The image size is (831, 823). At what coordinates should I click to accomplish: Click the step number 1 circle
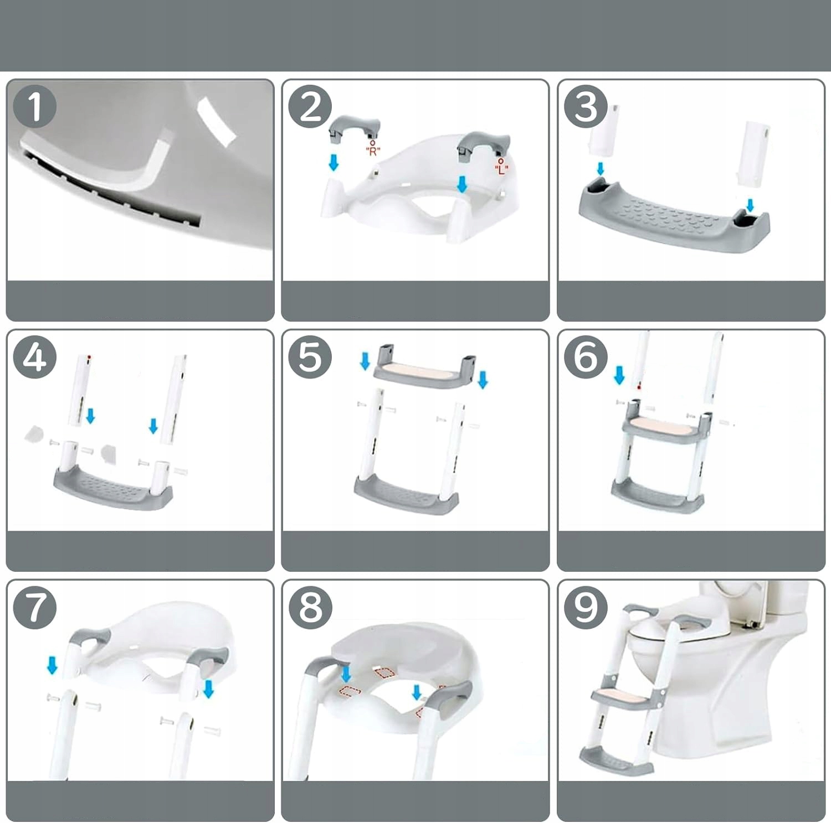[x=35, y=106]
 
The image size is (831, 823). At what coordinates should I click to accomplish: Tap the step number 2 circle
[x=310, y=107]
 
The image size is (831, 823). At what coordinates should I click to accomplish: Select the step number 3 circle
[x=586, y=106]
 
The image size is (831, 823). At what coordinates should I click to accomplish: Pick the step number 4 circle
[x=35, y=357]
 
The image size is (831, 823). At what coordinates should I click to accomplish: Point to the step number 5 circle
[x=310, y=357]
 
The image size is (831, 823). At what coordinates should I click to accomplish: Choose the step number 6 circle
[x=586, y=357]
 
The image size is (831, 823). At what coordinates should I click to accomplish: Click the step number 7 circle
[x=35, y=607]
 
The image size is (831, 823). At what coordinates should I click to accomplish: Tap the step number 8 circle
[x=310, y=607]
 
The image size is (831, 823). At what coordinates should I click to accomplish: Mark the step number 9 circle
[x=586, y=607]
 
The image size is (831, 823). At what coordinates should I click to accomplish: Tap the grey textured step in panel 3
[x=674, y=218]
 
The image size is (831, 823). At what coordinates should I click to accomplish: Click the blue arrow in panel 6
[x=619, y=375]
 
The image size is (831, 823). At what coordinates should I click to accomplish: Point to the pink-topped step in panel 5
[x=424, y=366]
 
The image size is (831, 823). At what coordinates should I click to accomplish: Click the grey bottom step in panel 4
[x=113, y=486]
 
